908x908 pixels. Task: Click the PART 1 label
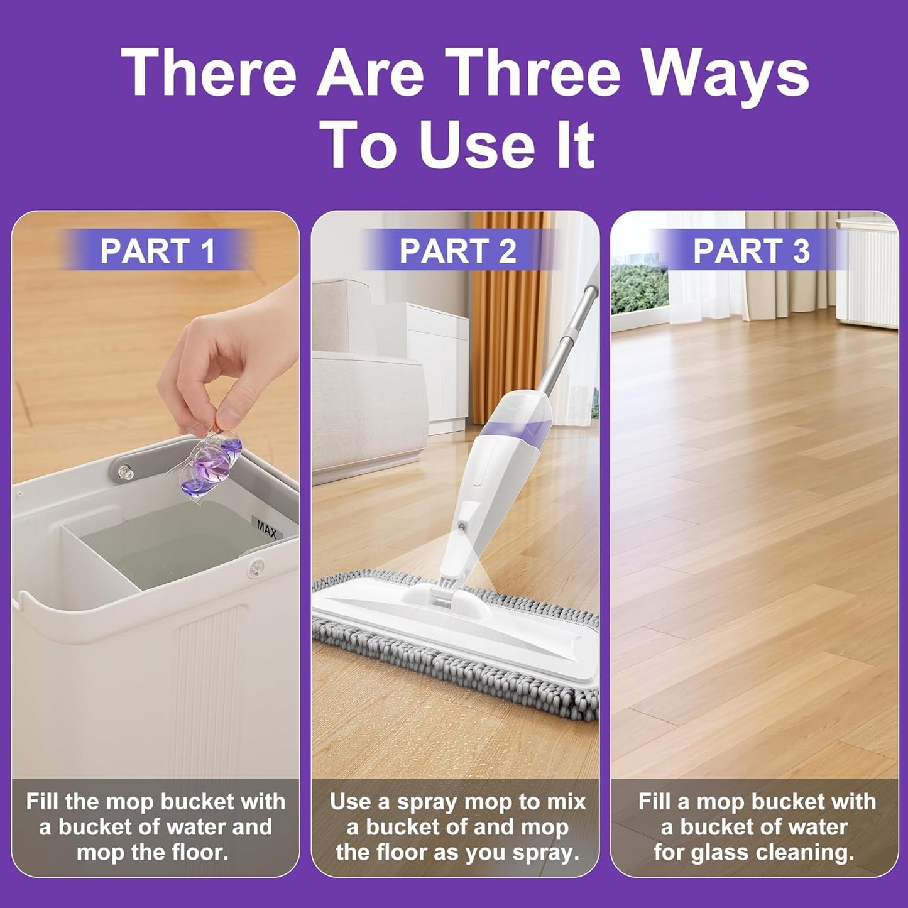point(157,251)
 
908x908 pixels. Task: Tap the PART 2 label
point(457,251)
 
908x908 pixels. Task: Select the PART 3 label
point(752,251)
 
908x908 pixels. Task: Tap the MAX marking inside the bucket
point(266,527)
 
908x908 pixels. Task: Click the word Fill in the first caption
point(45,802)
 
